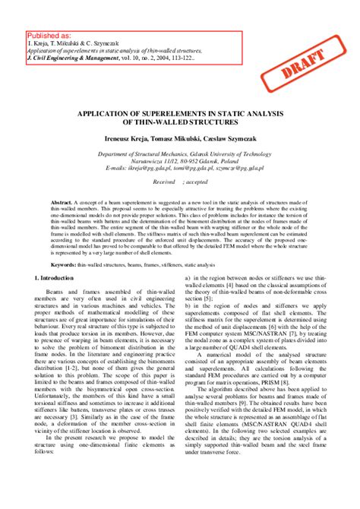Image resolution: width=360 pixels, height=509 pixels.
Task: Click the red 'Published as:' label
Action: click(x=49, y=35)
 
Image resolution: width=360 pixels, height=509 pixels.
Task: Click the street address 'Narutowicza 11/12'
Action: click(x=147, y=160)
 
